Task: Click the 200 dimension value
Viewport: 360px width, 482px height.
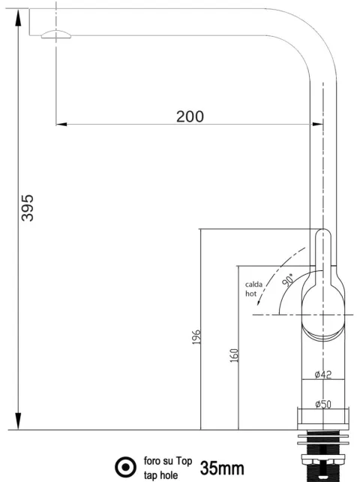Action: (190, 116)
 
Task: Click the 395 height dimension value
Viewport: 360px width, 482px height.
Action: (27, 208)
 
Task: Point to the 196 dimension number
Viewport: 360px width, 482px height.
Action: (196, 337)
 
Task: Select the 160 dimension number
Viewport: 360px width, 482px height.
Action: (234, 355)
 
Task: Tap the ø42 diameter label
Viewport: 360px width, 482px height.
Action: (323, 375)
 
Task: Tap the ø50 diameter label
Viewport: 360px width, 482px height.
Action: (323, 404)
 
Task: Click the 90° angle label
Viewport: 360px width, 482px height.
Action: (288, 280)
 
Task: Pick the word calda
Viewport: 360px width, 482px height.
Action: (253, 285)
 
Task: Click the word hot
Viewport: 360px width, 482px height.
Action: (250, 294)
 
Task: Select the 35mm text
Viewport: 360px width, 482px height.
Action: (222, 468)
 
